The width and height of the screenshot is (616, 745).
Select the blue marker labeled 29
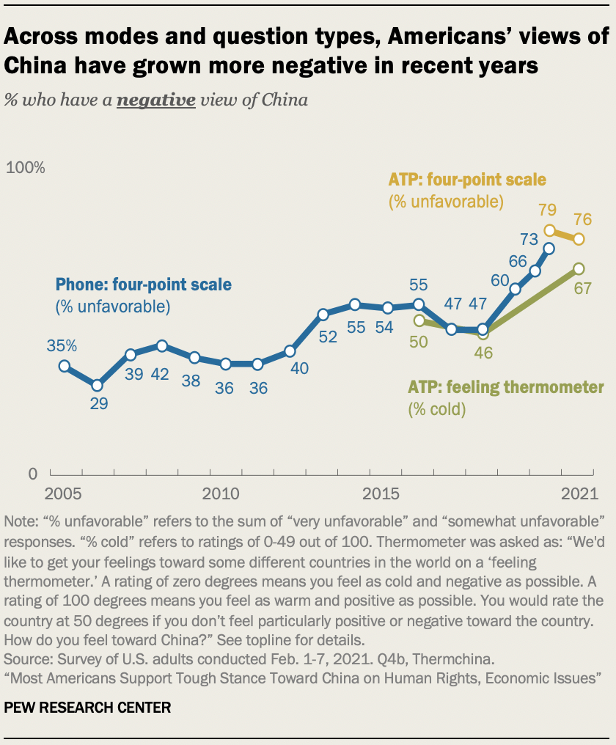[97, 385]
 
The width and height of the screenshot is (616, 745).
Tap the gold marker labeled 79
[549, 230]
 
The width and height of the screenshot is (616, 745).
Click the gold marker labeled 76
[579, 239]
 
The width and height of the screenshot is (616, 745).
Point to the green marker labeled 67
[579, 268]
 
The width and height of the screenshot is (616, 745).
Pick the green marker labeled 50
[419, 320]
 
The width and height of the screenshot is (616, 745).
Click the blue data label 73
[529, 238]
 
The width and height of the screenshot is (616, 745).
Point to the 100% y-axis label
[26, 167]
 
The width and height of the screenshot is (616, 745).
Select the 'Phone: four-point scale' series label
[144, 284]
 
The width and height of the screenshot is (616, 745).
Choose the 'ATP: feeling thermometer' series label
[506, 386]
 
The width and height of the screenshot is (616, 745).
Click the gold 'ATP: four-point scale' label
[467, 180]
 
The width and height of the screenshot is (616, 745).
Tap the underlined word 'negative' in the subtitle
[156, 100]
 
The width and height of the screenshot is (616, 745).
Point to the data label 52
[327, 337]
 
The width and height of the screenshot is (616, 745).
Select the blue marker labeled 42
[162, 345]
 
